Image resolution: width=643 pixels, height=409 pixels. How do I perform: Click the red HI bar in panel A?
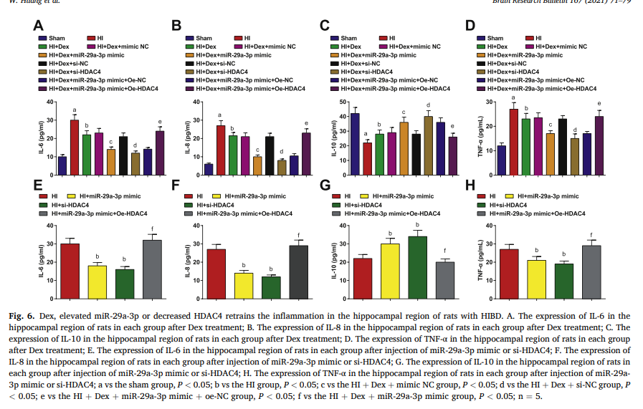tap(75, 148)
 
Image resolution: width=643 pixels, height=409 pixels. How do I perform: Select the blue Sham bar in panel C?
tap(355, 144)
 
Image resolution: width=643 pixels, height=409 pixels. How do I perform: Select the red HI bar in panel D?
tap(513, 142)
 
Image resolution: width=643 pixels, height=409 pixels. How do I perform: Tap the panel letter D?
tap(470, 26)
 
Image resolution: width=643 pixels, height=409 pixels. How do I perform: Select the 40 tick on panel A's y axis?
tap(50, 101)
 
